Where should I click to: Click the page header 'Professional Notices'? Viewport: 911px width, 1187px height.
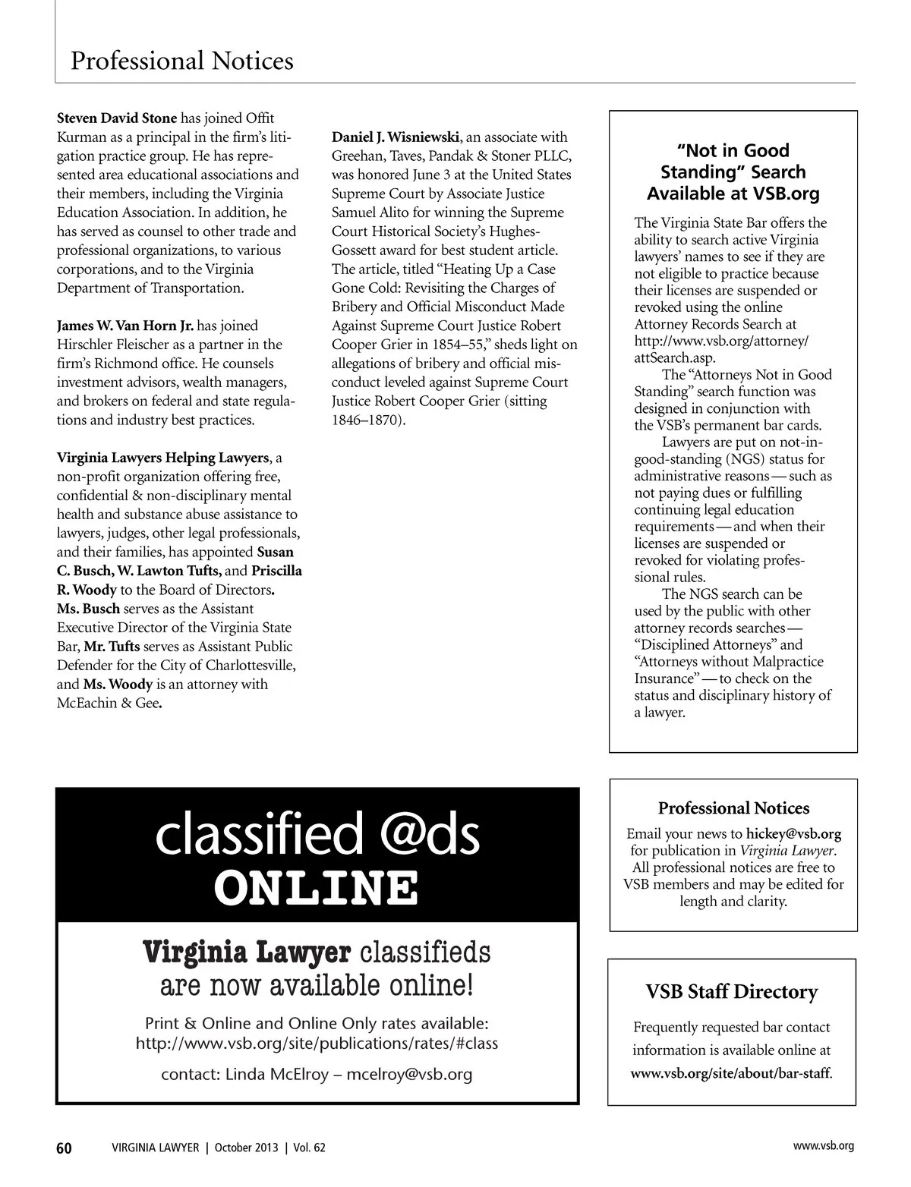pyautogui.click(x=181, y=61)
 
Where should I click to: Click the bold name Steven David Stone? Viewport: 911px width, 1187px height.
pyautogui.click(x=117, y=118)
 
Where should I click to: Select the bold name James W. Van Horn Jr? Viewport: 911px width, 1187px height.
pyautogui.click(x=125, y=326)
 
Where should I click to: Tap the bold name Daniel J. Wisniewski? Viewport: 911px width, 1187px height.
pyautogui.click(x=396, y=137)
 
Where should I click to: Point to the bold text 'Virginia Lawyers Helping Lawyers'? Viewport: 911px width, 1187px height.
pyautogui.click(x=162, y=458)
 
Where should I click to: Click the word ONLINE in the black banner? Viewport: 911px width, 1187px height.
pyautogui.click(x=317, y=887)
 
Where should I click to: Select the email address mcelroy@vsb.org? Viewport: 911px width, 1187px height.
pyautogui.click(x=409, y=1075)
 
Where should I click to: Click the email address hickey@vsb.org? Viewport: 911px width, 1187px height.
pyautogui.click(x=793, y=833)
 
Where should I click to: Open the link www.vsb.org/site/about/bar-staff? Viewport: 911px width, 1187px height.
pyautogui.click(x=731, y=1074)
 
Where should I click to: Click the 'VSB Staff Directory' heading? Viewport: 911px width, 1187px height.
pyautogui.click(x=732, y=992)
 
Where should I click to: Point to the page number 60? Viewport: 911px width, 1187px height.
pyautogui.click(x=65, y=1148)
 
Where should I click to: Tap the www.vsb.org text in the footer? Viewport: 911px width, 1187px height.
pyautogui.click(x=823, y=1146)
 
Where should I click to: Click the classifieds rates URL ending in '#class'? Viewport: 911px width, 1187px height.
pyautogui.click(x=317, y=1044)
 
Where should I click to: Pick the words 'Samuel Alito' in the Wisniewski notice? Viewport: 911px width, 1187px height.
pyautogui.click(x=371, y=213)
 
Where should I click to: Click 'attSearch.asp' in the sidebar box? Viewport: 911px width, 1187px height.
pyautogui.click(x=675, y=357)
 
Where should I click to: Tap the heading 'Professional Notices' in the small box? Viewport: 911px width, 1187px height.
pyautogui.click(x=733, y=808)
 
